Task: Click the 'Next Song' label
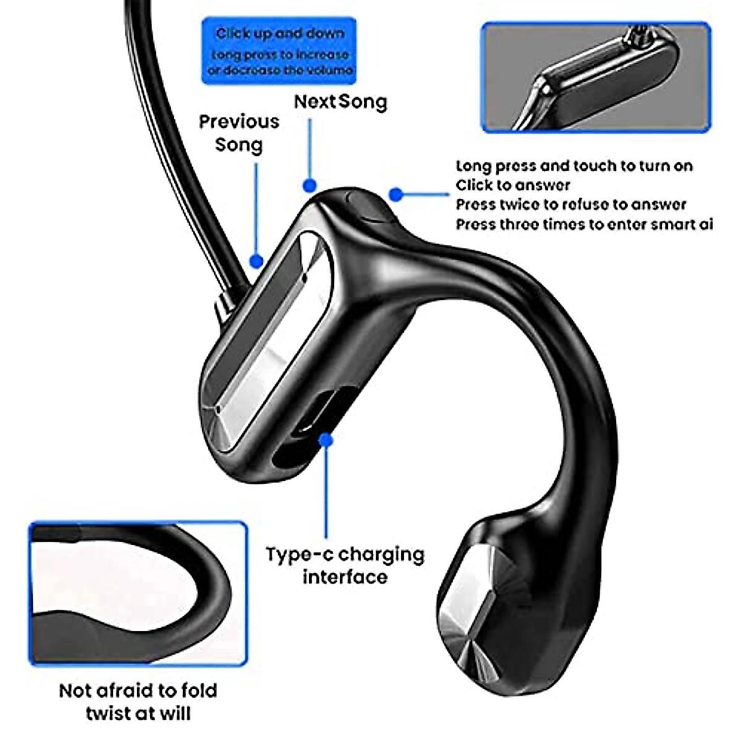click(x=340, y=102)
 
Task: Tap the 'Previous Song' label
click(x=239, y=133)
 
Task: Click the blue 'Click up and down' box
click(x=279, y=51)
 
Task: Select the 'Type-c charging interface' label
click(x=345, y=565)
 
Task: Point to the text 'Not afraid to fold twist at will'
click(x=138, y=701)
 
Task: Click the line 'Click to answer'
click(x=513, y=185)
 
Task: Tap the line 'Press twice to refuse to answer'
click(x=571, y=205)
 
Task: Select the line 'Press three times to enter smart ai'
click(x=584, y=224)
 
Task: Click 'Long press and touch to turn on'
click(x=574, y=166)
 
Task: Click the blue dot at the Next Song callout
click(x=310, y=185)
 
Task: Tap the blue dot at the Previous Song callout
click(x=257, y=261)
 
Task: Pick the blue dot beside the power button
click(x=396, y=195)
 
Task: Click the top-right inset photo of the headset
click(x=595, y=77)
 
